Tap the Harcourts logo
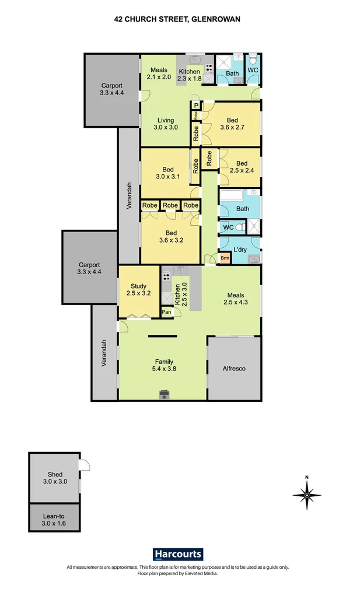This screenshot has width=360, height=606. pyautogui.click(x=178, y=554)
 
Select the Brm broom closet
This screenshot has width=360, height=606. pyautogui.click(x=225, y=258)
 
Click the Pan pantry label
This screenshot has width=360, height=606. pyautogui.click(x=167, y=312)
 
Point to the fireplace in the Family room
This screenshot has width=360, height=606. pyautogui.click(x=165, y=395)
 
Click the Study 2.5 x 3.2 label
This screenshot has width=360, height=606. pyautogui.click(x=138, y=289)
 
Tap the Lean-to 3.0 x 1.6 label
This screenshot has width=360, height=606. pyautogui.click(x=54, y=520)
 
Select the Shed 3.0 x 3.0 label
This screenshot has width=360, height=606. pyautogui.click(x=55, y=478)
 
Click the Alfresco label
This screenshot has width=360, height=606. pyautogui.click(x=234, y=368)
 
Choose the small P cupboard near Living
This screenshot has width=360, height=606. pyautogui.click(x=196, y=106)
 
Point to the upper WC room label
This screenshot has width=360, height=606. pyautogui.click(x=253, y=70)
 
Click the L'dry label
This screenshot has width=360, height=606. pyautogui.click(x=240, y=250)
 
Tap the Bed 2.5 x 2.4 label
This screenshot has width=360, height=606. pyautogui.click(x=242, y=167)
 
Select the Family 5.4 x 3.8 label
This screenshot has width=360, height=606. pyautogui.click(x=164, y=365)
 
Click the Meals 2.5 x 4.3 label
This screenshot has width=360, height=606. pyautogui.click(x=236, y=299)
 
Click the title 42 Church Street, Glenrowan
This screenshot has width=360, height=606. pyautogui.click(x=177, y=19)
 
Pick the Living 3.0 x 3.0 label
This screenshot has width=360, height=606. pyautogui.click(x=166, y=124)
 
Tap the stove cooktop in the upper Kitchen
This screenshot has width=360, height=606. pyautogui.click(x=209, y=68)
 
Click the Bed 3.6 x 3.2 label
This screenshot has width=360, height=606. pyautogui.click(x=171, y=237)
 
